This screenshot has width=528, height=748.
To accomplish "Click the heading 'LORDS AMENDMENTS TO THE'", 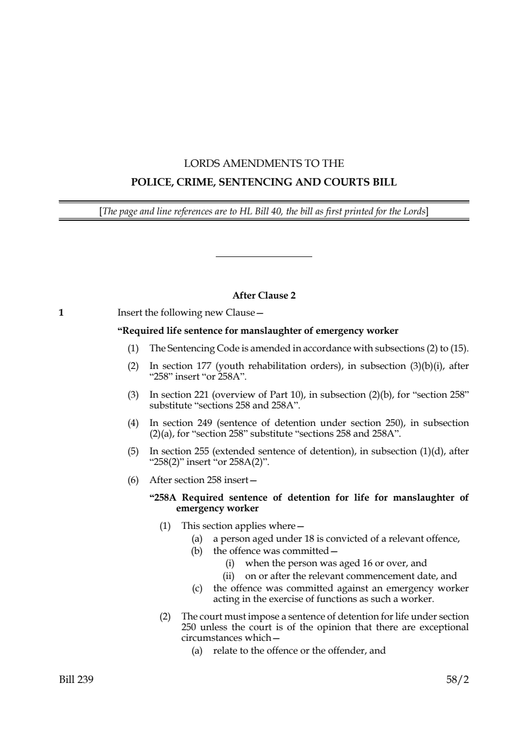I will coord(264,163).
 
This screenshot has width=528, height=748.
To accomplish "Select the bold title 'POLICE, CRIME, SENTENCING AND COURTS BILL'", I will coord(264,182).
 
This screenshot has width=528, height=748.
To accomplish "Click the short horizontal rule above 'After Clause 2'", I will coord(264,257).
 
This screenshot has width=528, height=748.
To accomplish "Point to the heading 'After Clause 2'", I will coord(264,295).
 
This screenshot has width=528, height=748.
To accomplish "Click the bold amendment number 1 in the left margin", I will coord(61,313).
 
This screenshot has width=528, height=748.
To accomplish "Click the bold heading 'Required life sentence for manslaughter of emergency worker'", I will coord(258,331).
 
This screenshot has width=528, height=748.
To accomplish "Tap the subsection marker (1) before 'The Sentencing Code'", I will coord(133,349).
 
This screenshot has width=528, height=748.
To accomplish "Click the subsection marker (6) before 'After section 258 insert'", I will coord(133,480).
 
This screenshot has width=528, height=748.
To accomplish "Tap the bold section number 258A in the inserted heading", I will coord(165,497).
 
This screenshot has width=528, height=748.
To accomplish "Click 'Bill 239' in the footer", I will coord(76,680).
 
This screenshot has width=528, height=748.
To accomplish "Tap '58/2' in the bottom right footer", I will coord(458,680).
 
